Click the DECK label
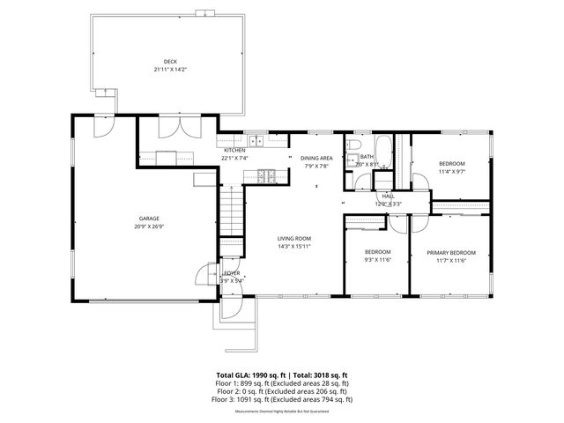(158, 62)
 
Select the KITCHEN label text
(234, 151)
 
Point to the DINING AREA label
(316, 159)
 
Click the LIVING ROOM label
(294, 239)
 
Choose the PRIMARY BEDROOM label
(451, 253)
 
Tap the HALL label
(388, 197)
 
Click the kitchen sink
(256, 141)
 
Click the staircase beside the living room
(230, 211)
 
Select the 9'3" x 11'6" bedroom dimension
(377, 260)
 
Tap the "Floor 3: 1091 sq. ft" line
(282, 399)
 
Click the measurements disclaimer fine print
(282, 410)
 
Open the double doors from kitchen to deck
(169, 129)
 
